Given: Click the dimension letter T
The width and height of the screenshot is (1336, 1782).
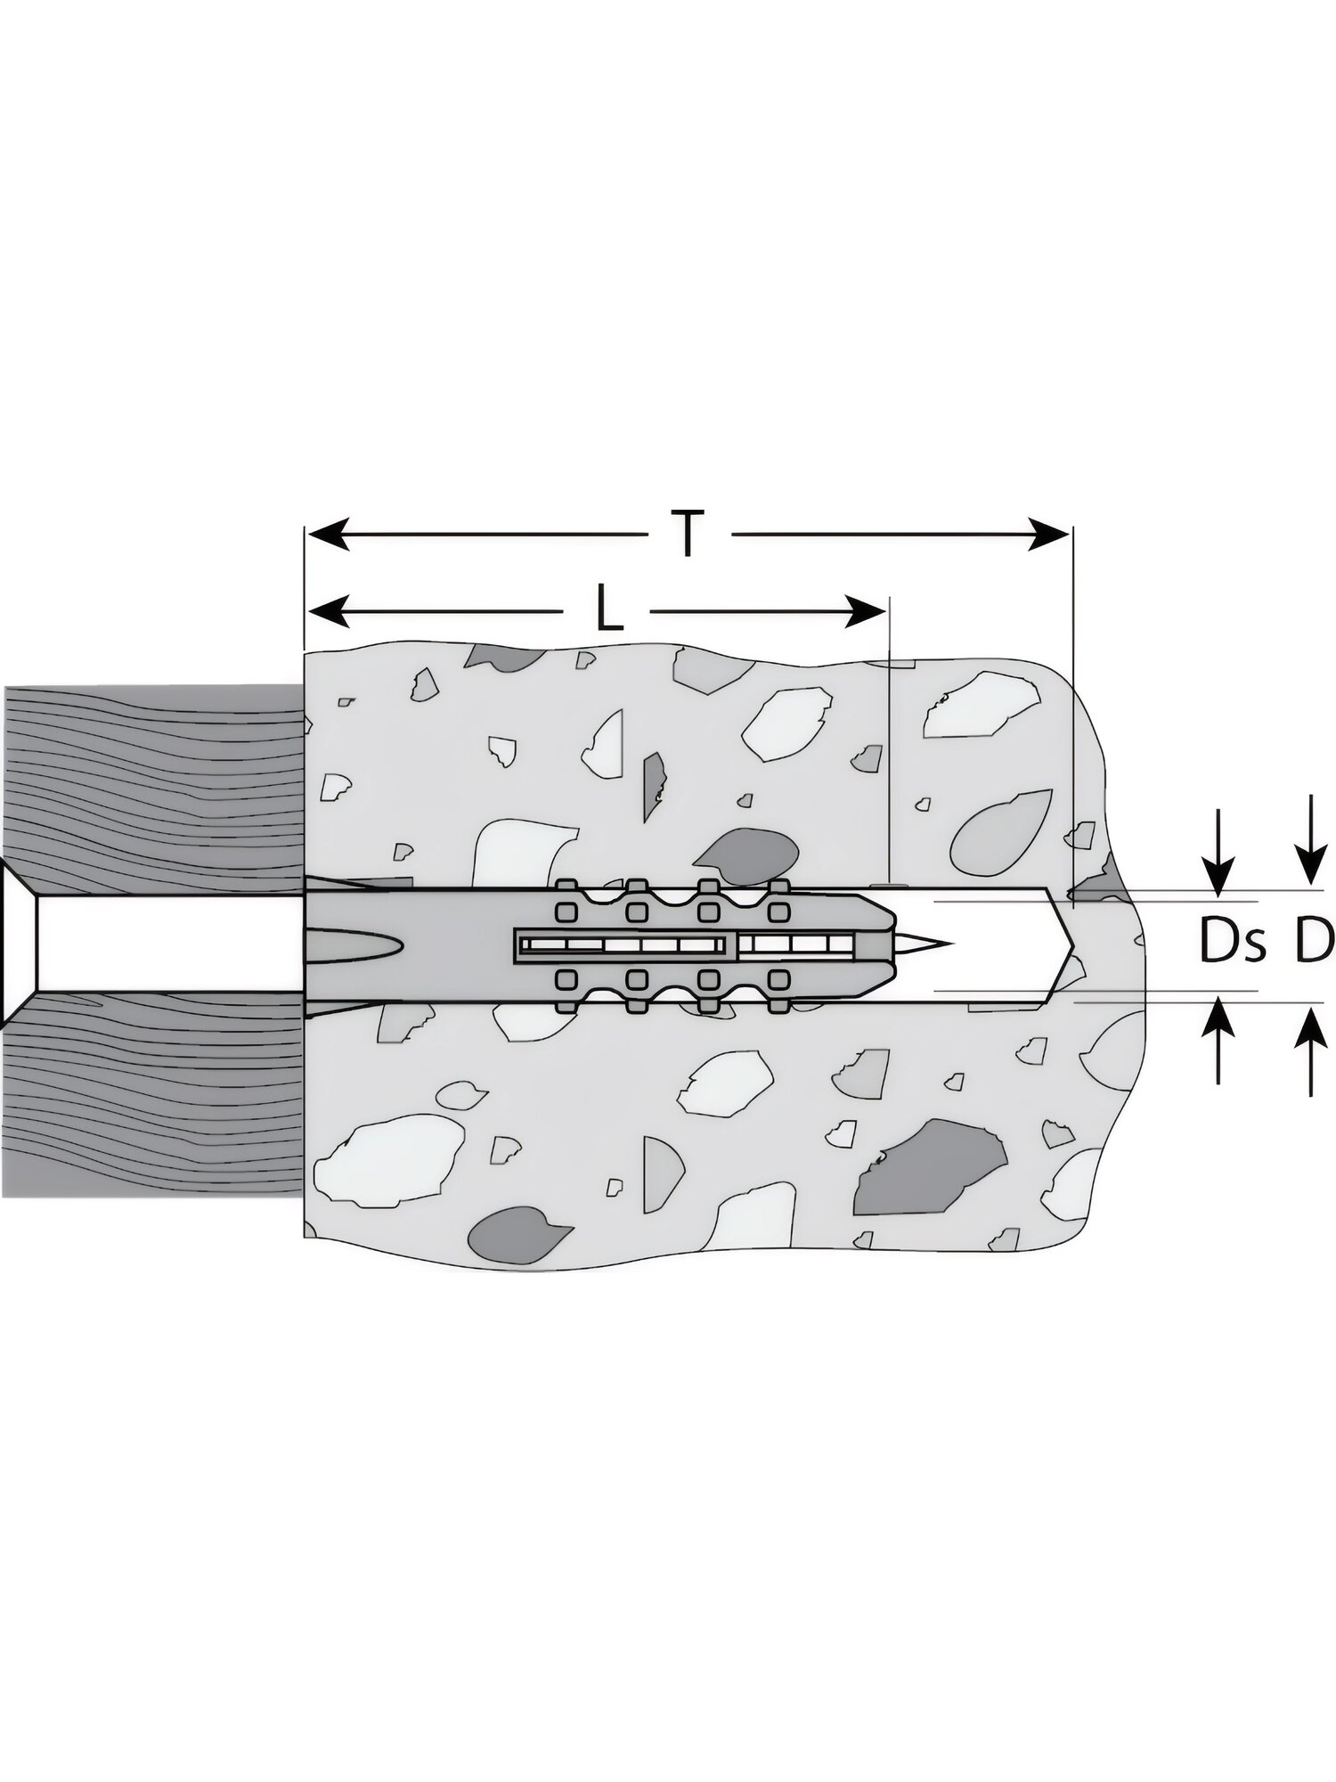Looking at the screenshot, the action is (x=688, y=533).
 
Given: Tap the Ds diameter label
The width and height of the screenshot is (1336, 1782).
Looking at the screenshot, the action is (x=1232, y=942).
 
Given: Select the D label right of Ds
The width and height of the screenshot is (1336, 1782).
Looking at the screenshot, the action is (x=1314, y=942).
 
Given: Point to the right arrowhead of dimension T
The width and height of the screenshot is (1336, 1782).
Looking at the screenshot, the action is (x=1049, y=534).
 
